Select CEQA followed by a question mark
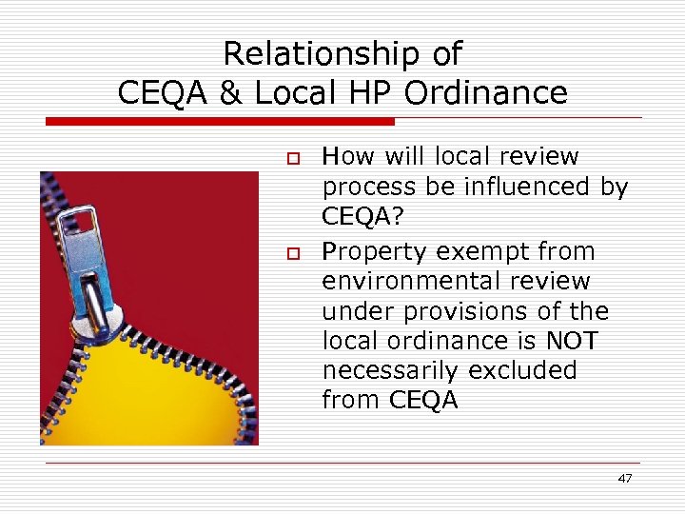click(362, 217)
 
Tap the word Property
click(376, 252)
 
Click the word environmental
click(410, 282)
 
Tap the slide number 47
click(624, 479)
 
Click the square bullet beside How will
click(294, 157)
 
